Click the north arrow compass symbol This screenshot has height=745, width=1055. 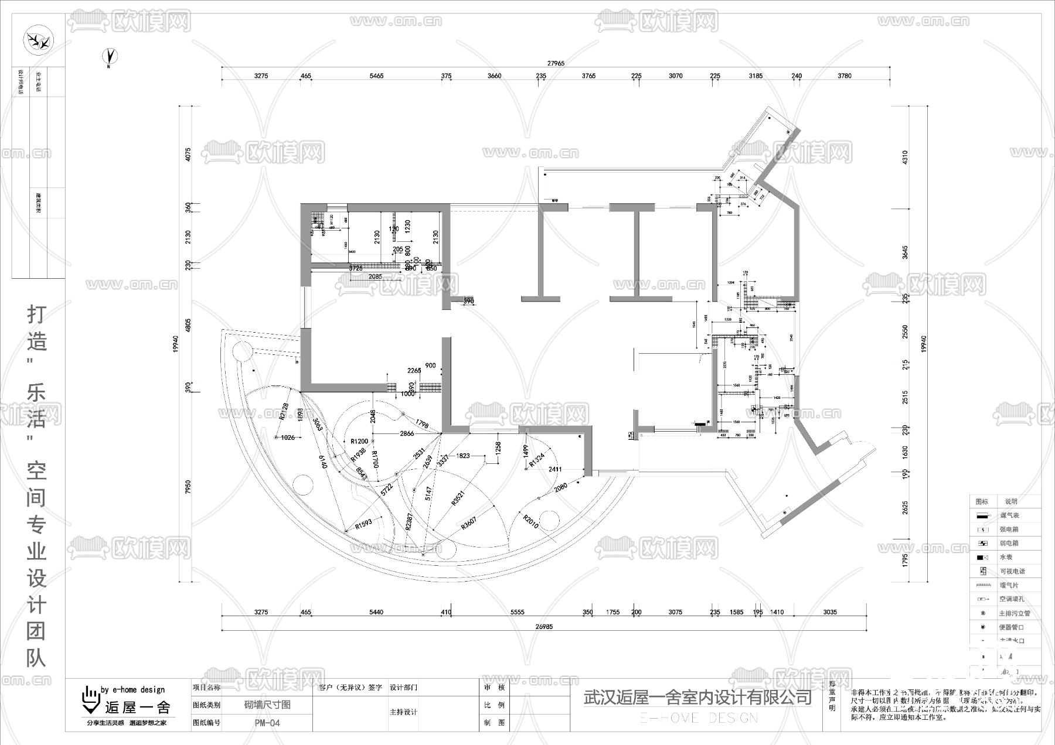[110, 56]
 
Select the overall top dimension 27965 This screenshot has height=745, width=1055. [555, 63]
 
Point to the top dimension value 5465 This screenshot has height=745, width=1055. [376, 76]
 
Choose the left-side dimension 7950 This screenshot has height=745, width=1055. [189, 487]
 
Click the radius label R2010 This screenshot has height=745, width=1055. [530, 521]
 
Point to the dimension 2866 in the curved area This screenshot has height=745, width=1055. [407, 434]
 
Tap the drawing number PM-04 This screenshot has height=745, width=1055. [267, 723]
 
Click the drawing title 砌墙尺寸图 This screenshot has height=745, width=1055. [267, 705]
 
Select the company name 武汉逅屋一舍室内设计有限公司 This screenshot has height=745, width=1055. [697, 698]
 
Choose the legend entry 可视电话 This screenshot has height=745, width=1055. [1012, 572]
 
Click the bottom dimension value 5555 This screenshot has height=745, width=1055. [517, 612]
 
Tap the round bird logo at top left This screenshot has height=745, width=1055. [38, 42]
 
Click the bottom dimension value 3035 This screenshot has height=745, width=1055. [829, 612]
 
